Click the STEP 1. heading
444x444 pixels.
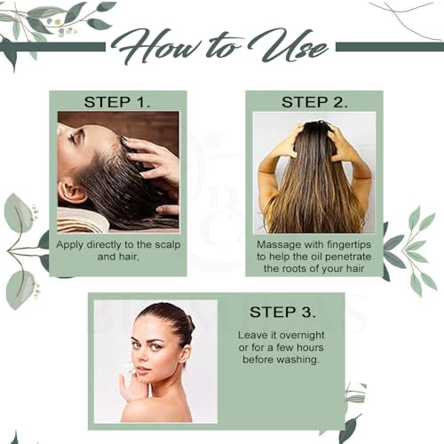pos(117,102)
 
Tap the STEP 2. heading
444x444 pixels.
pos(314,102)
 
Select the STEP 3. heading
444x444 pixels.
pos(282,312)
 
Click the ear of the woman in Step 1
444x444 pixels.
pos(70,193)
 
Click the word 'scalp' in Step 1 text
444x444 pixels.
pos(168,245)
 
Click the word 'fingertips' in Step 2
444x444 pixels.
pos(346,245)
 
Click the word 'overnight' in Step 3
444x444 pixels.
pos(302,336)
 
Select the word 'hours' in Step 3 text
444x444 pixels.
pos(310,348)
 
